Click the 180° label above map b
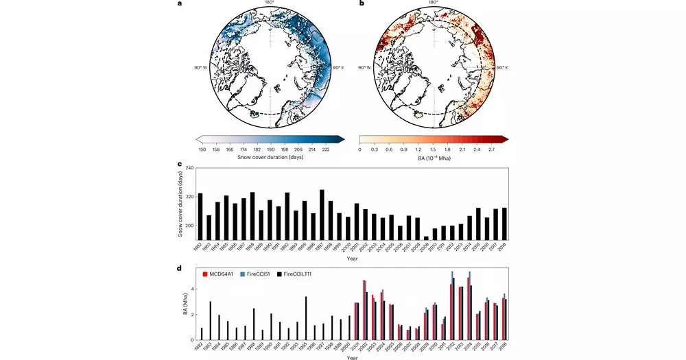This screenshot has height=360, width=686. tap(433, 3)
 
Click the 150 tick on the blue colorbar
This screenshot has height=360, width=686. tap(202, 149)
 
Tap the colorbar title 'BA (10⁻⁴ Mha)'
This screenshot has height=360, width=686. tap(433, 158)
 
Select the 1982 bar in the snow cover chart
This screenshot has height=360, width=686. tap(200, 216)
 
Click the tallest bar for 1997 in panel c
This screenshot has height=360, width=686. tap(322, 215)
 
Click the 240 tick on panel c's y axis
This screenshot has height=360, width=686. tap(190, 168)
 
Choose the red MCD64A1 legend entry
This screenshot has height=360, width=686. tap(220, 274)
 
